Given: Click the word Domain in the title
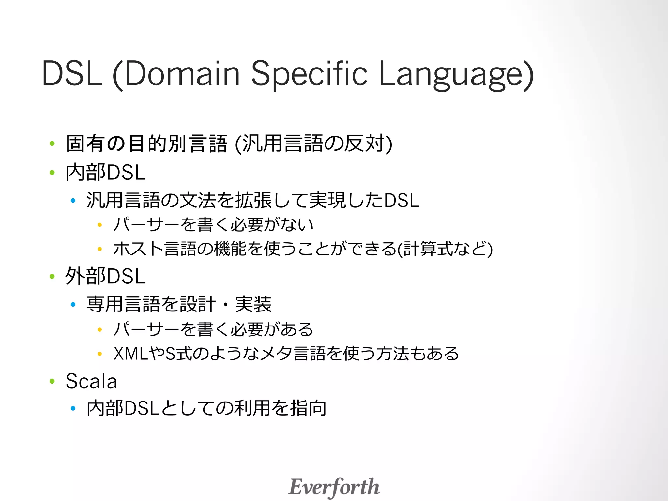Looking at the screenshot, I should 182,74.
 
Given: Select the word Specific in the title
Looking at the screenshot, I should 309,74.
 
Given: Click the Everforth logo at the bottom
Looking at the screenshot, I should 334,487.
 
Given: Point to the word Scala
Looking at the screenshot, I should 91,381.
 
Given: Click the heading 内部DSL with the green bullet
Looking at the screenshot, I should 105,172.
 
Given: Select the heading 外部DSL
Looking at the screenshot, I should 105,276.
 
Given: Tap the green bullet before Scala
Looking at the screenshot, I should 52,381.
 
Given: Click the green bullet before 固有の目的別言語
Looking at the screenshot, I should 52,143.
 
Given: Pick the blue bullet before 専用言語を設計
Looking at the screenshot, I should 73,304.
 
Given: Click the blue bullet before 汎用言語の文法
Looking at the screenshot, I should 73,200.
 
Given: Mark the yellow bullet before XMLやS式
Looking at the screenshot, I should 100,354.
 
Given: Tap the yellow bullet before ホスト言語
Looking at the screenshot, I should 100,249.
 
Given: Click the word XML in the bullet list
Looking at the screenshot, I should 131,354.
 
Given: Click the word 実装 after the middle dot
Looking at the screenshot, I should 253,304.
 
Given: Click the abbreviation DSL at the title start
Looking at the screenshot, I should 72,74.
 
